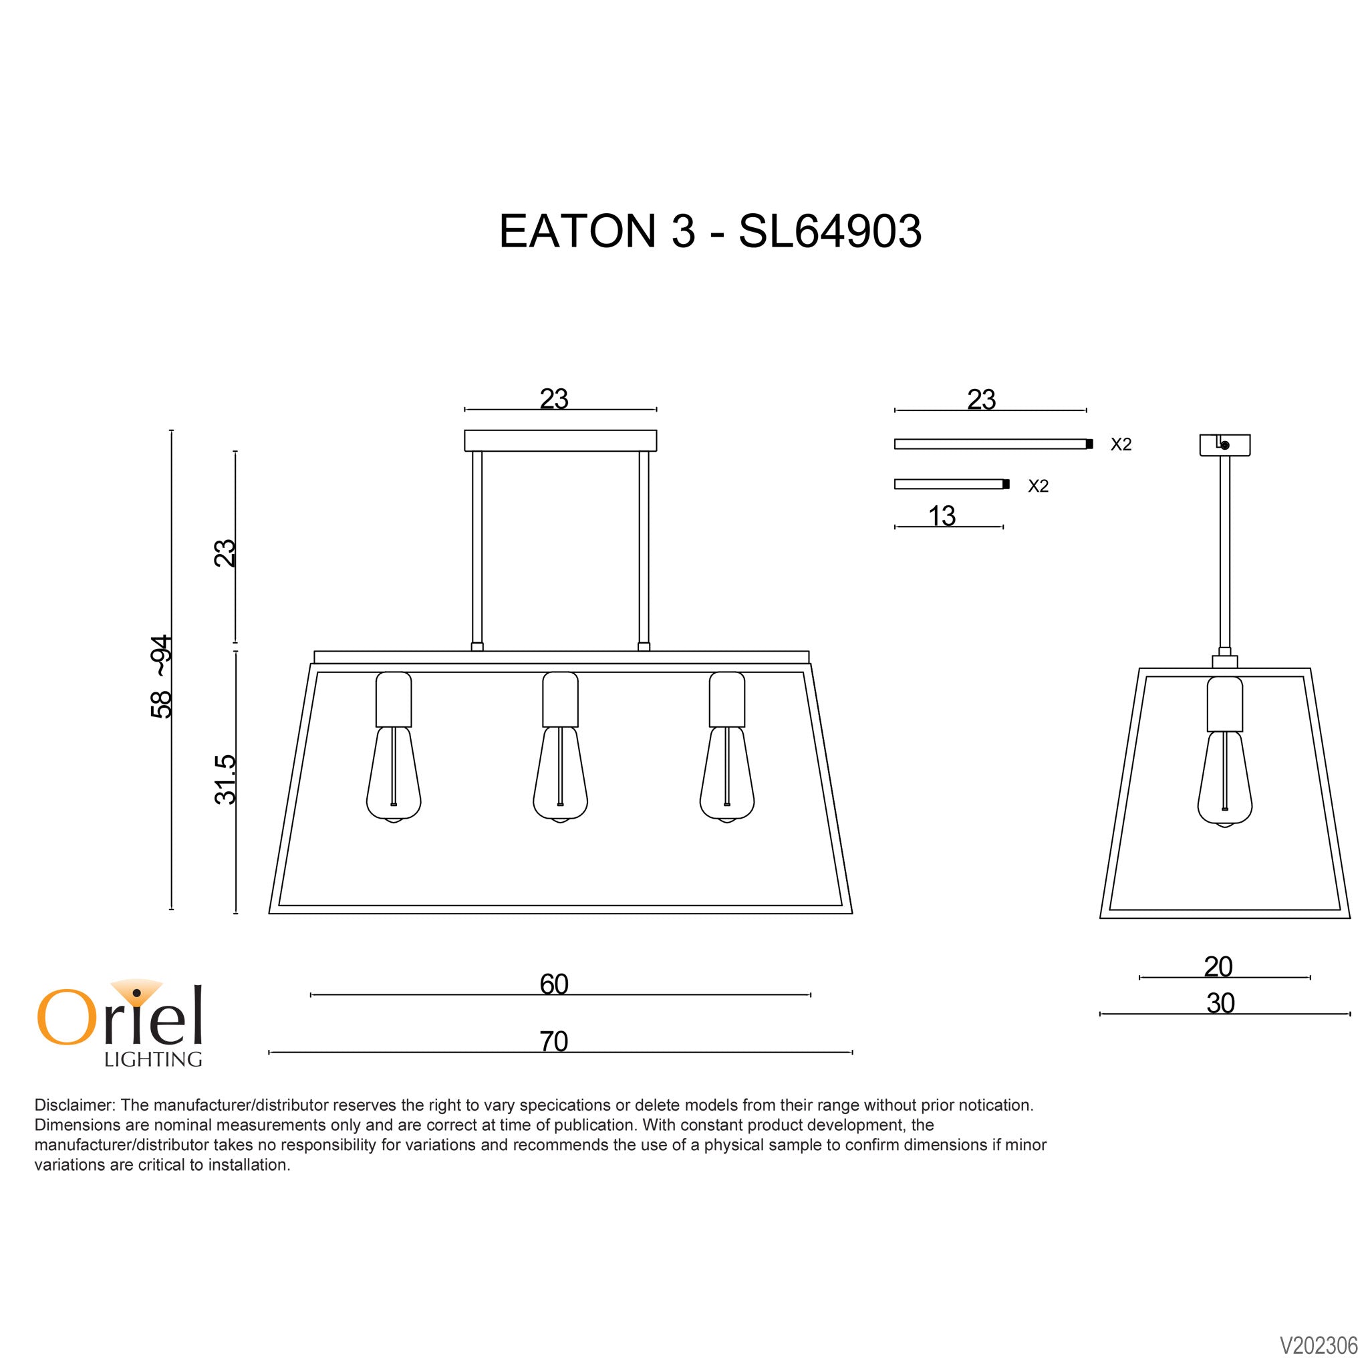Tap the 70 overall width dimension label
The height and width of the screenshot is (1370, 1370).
coord(554,1042)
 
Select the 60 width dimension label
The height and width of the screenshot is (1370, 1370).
coord(554,984)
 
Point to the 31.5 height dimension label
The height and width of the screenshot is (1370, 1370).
coord(225,779)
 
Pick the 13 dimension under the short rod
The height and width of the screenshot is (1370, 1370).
coord(942,515)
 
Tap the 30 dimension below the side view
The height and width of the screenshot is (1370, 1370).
coord(1220,1003)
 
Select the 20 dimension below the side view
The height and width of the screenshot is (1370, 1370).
coord(1218,966)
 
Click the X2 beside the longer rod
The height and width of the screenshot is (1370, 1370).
coord(1121,444)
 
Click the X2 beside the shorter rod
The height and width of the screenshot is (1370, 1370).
coord(1038,486)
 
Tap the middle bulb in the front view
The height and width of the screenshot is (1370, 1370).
coord(560,775)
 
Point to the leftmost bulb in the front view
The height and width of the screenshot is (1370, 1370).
coord(394,775)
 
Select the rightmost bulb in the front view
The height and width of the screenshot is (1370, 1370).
coord(727,775)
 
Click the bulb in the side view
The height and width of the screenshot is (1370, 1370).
coord(1224,778)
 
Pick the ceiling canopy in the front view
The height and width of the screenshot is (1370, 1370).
coord(560,440)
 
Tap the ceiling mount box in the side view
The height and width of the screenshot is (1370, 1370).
coord(1224,444)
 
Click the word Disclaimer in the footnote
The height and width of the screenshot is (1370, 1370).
coord(74,1105)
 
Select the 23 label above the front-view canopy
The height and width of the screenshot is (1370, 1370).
coord(554,398)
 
